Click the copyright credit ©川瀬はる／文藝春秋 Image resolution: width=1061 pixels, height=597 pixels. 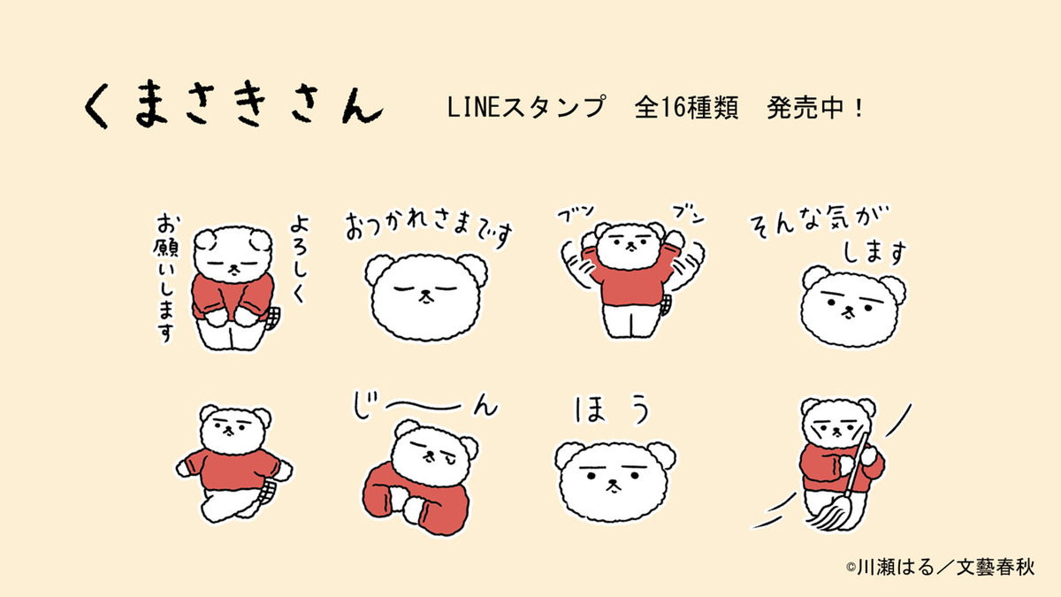click(x=940, y=567)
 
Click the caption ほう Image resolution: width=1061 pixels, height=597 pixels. click(x=612, y=409)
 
